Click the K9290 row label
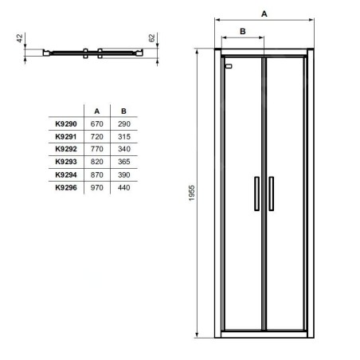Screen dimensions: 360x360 tap(66, 123)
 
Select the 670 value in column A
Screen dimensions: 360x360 tap(96, 123)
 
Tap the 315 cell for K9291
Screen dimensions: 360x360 tap(124, 136)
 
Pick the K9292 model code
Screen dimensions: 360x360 tap(66, 149)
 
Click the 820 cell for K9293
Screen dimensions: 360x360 tap(96, 162)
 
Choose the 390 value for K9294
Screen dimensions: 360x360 tap(124, 174)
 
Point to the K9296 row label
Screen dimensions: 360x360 tap(66, 187)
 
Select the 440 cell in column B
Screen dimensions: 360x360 tap(124, 187)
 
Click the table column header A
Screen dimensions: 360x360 tap(97, 112)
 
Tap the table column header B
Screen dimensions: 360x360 tap(123, 112)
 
